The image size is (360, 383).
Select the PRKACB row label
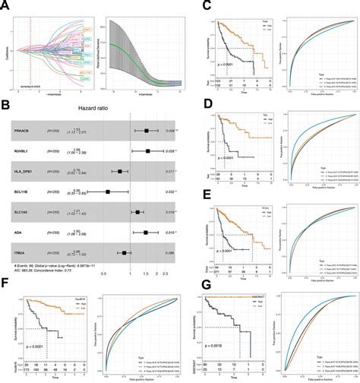23,131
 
